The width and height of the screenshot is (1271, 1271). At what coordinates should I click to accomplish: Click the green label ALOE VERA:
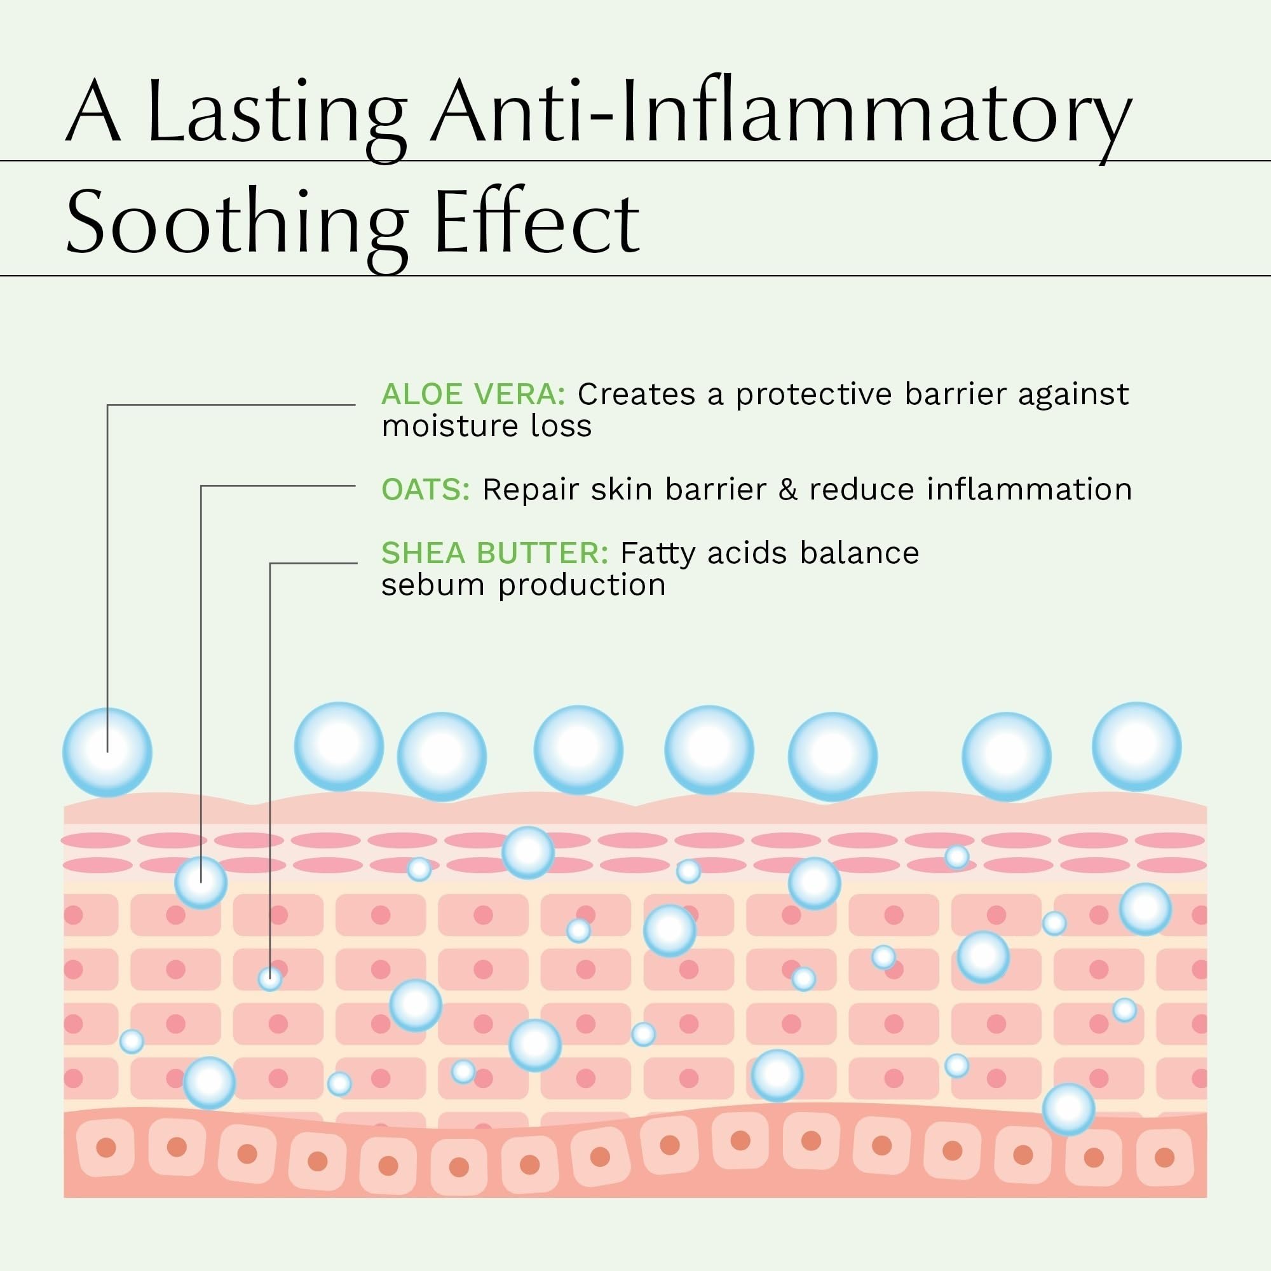pos(473,395)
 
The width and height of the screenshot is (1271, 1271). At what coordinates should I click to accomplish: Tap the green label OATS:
pos(426,490)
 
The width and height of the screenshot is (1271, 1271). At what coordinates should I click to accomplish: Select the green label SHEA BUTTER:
pos(494,554)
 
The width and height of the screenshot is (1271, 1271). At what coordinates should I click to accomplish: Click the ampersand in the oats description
pos(787,490)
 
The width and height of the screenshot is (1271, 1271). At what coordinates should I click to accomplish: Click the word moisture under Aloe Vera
pos(440,426)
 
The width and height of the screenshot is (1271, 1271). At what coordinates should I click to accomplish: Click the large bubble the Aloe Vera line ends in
pos(107,752)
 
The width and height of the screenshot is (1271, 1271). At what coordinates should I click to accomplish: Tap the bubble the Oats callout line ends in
pos(201,883)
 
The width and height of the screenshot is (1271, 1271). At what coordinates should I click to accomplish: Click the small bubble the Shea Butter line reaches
pos(269,979)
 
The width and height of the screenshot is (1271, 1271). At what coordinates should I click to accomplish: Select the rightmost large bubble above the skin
pos(1136,747)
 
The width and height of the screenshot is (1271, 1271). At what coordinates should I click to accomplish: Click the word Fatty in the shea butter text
pos(657,554)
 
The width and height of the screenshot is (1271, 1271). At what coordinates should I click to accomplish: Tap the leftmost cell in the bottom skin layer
pos(106,1147)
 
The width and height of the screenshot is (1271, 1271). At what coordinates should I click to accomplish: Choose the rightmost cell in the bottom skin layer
pos(1164,1157)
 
